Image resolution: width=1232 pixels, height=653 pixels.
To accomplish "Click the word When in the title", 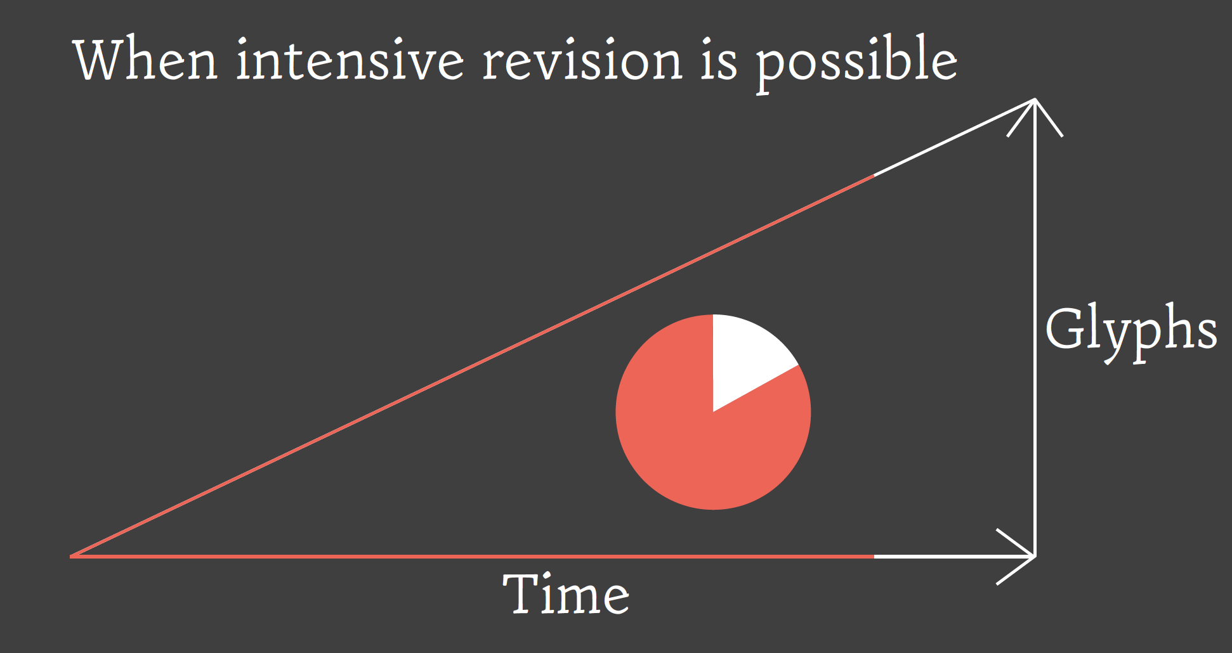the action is tap(146, 60).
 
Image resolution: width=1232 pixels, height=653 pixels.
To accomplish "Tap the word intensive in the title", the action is tap(350, 60).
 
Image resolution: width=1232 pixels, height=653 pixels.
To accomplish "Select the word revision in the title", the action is tap(582, 60).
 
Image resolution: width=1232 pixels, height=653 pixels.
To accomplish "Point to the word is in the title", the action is tap(719, 60).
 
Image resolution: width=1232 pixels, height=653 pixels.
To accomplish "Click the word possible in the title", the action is tap(856, 63).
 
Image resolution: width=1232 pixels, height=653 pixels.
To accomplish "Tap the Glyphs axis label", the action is tap(1131, 333).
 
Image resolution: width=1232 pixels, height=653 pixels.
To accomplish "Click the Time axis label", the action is tap(566, 594).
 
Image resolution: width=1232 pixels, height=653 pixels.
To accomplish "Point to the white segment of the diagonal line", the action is tap(954, 137).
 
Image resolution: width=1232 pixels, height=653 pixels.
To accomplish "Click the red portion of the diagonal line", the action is tap(472, 366).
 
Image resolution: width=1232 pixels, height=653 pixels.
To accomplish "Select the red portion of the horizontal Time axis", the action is tap(472, 557).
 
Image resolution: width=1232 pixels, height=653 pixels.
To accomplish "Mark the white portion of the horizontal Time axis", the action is tap(955, 557).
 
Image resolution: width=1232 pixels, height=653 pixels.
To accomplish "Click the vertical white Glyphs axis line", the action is tap(1035, 328).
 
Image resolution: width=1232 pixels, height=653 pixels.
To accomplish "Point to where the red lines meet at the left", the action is tap(71, 557).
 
